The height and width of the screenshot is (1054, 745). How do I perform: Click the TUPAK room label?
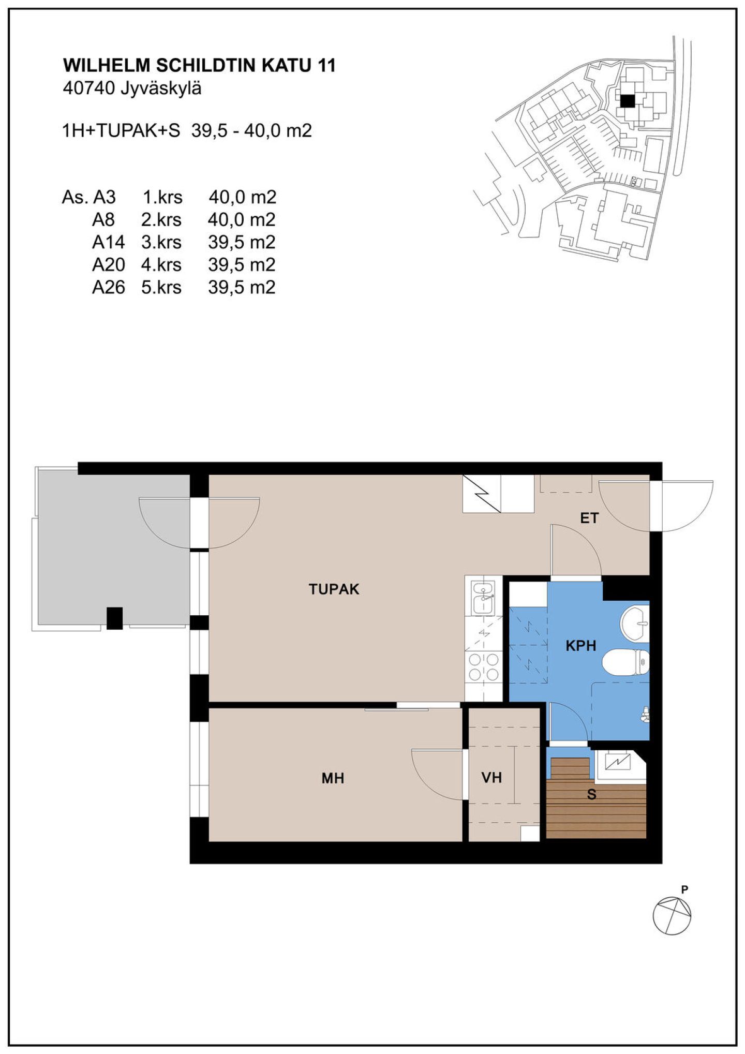pyautogui.click(x=334, y=589)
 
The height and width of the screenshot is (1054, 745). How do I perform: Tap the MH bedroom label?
pyautogui.click(x=333, y=778)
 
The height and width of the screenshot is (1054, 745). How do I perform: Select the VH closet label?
pyautogui.click(x=491, y=777)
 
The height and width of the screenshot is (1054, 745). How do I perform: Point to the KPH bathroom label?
pyautogui.click(x=580, y=645)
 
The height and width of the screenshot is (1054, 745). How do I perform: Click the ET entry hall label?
pyautogui.click(x=589, y=518)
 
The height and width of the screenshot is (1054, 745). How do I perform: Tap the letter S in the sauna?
pyautogui.click(x=591, y=794)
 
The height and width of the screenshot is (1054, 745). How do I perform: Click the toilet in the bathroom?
pyautogui.click(x=625, y=662)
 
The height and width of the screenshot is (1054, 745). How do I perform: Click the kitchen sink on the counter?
pyautogui.click(x=483, y=597)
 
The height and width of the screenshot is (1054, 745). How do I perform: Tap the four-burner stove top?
pyautogui.click(x=483, y=666)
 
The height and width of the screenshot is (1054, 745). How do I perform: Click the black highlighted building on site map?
pyautogui.click(x=627, y=101)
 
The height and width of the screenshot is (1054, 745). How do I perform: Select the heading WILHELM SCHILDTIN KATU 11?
pyautogui.click(x=199, y=66)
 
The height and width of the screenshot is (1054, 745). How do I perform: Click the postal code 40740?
pyautogui.click(x=88, y=88)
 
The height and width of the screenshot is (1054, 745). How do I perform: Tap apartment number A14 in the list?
pyautogui.click(x=108, y=242)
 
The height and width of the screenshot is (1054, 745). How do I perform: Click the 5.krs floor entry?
pyautogui.click(x=161, y=287)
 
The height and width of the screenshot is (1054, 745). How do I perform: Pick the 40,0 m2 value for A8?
pyautogui.click(x=242, y=220)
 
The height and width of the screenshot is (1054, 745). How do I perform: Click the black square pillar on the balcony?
pyautogui.click(x=114, y=618)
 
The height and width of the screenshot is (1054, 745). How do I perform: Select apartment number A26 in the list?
pyautogui.click(x=108, y=287)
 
